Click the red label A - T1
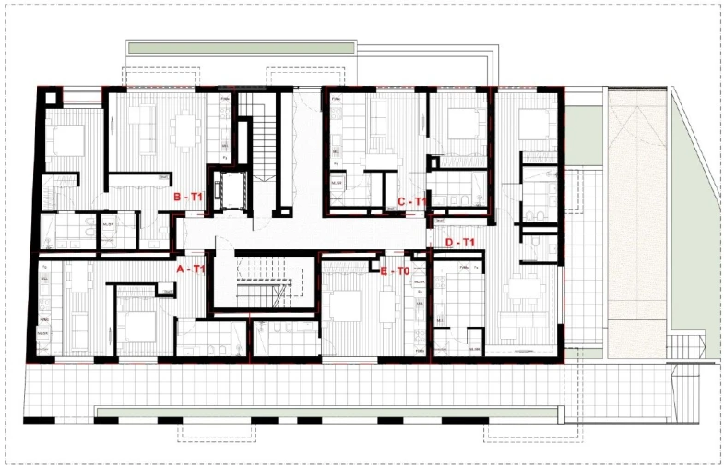(x=190, y=269)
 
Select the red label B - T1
(x=188, y=197)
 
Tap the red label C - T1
(x=410, y=201)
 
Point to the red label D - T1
(x=458, y=242)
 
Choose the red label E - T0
(x=395, y=270)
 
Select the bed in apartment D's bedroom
(x=532, y=123)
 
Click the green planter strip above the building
(x=241, y=47)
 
